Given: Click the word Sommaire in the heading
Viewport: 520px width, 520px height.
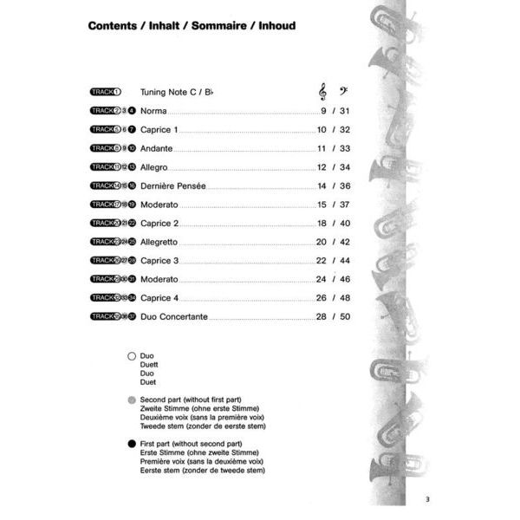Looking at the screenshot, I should [235, 26].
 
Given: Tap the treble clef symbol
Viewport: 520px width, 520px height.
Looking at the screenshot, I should [323, 91].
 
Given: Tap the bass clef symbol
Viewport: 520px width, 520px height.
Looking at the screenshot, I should [345, 91].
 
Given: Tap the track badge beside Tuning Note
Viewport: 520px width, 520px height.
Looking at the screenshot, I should [106, 92].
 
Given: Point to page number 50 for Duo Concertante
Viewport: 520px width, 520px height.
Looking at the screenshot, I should [345, 317].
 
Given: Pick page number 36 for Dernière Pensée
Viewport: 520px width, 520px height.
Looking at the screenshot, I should [345, 186].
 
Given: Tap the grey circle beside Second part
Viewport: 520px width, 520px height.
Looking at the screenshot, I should [132, 400].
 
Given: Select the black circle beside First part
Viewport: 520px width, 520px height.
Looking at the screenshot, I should [132, 444].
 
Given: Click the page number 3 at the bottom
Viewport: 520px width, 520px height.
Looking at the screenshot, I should [427, 498].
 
